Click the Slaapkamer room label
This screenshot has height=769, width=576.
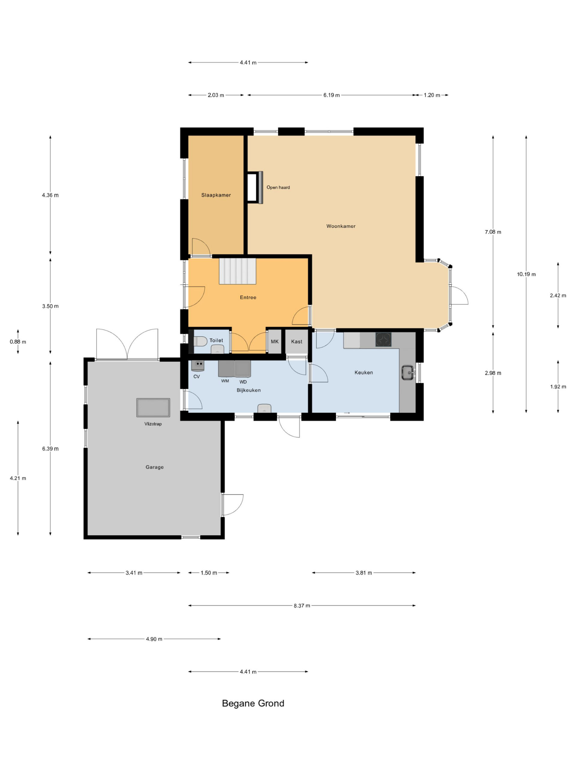click(216, 195)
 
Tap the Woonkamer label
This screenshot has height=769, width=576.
click(340, 226)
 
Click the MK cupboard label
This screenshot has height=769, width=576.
click(274, 341)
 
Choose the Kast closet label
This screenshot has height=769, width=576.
click(296, 341)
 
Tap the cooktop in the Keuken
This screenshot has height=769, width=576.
click(383, 340)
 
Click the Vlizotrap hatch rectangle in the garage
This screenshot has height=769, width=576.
click(153, 407)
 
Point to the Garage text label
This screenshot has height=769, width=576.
click(154, 467)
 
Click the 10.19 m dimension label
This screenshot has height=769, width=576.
click(526, 274)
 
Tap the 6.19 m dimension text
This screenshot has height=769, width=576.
click(331, 95)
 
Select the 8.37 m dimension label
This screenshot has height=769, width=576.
click(302, 606)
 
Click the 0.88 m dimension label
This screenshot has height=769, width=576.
click(18, 342)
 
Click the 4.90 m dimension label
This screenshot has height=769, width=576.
click(154, 639)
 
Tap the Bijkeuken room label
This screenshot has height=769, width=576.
click(249, 390)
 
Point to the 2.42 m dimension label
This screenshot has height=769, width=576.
click(558, 296)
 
